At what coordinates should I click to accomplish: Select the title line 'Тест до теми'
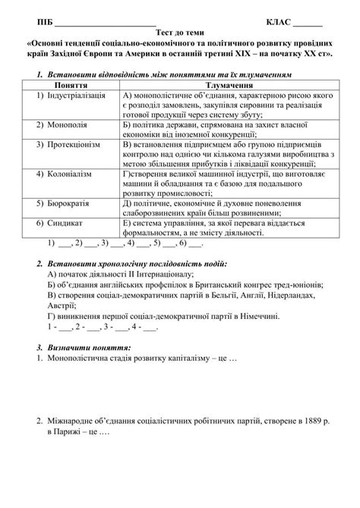pos(179,33)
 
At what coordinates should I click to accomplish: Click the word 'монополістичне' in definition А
pos(163,98)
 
